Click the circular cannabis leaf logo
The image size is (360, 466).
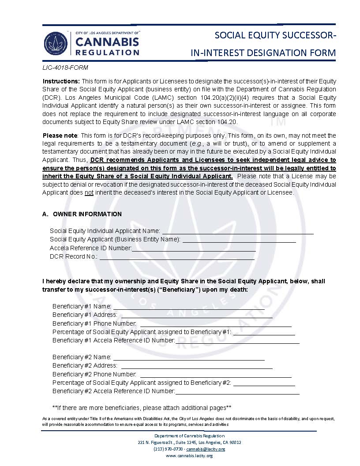56,43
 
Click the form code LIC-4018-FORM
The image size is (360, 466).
65,68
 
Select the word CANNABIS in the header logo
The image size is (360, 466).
108,42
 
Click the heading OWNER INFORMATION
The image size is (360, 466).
87,214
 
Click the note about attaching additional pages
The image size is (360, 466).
142,407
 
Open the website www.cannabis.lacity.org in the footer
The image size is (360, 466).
189,456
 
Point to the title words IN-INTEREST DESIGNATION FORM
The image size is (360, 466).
263,53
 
